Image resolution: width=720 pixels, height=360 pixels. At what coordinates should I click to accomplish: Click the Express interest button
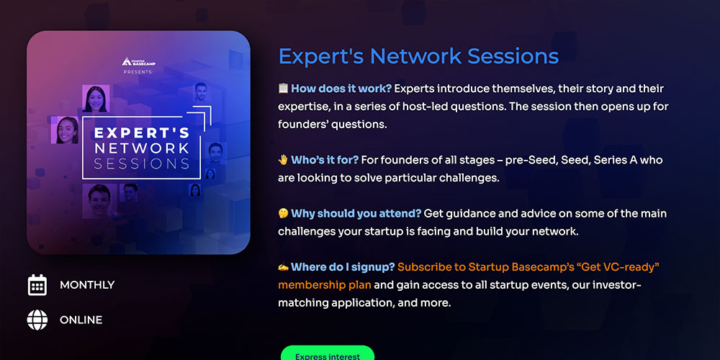coord(328,353)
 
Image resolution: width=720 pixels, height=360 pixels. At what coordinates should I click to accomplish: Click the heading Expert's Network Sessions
coord(418,56)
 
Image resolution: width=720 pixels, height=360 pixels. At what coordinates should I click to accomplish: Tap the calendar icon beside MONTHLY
coord(37,284)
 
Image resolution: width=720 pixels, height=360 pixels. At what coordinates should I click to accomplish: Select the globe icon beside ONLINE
coord(37,320)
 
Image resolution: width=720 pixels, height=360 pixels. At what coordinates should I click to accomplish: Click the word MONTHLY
coord(87,284)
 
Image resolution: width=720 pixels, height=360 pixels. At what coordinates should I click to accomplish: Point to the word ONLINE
coord(81,320)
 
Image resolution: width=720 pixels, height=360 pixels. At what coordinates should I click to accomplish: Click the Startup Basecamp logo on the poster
coord(138,61)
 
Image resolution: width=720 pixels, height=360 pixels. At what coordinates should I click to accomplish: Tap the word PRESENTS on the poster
coord(138,72)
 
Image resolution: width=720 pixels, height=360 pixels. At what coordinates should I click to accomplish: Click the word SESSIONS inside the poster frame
coord(141,164)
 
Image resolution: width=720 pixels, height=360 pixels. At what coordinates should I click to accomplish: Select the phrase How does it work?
coord(341,89)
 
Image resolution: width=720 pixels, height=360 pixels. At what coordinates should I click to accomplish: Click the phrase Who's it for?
coord(325,160)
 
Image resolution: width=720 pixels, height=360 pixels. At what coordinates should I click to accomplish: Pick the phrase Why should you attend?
coord(356,214)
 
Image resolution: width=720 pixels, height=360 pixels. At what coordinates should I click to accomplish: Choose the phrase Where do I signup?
coord(343,267)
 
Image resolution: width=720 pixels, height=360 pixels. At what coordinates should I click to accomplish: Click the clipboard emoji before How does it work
coord(283,88)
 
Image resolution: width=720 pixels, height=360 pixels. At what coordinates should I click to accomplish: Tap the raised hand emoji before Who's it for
coord(283,160)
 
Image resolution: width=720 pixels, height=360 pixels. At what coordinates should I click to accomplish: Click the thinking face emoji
coord(283,214)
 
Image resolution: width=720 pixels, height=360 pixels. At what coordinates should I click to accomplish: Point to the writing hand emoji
coord(283,267)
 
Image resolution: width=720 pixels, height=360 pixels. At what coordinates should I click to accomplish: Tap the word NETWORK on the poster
coord(141,148)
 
